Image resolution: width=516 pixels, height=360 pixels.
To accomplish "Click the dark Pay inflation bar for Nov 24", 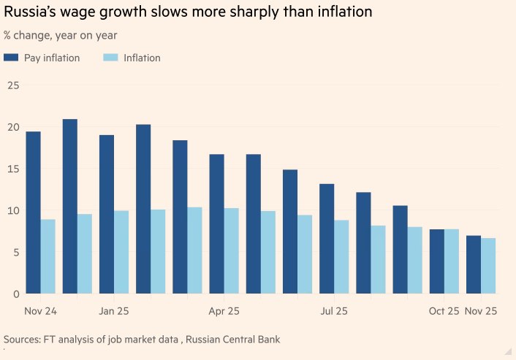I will [33, 212].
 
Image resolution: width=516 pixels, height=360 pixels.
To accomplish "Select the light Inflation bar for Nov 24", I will [48, 256].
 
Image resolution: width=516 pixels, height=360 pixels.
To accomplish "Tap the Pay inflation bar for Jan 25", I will [107, 215].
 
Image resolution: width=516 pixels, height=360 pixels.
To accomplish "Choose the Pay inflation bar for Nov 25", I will [474, 264].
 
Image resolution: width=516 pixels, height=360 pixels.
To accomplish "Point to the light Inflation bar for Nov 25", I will [488, 266].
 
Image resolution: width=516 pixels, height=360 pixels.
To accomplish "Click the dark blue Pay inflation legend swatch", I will [11, 58].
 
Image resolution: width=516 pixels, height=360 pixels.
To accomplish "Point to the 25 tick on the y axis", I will [13, 85].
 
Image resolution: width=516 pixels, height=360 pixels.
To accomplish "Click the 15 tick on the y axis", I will [13, 169].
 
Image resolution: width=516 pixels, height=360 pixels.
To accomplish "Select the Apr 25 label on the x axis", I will [224, 311].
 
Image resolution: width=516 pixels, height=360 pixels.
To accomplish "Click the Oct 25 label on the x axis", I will [444, 311].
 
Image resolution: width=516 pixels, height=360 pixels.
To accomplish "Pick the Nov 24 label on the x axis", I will [40, 311].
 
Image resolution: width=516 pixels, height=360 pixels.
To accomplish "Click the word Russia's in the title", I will [29, 12].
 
